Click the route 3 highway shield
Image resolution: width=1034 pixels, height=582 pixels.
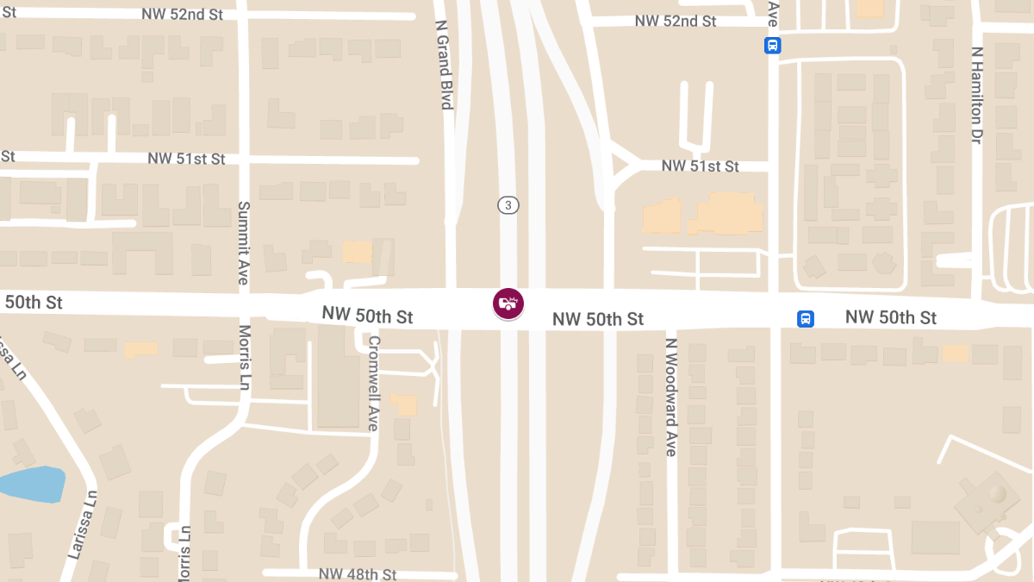pyautogui.click(x=508, y=205)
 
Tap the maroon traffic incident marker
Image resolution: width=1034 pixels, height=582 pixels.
pyautogui.click(x=508, y=304)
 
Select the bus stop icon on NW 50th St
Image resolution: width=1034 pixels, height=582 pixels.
pyautogui.click(x=805, y=319)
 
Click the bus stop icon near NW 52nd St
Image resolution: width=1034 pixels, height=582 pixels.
pyautogui.click(x=772, y=46)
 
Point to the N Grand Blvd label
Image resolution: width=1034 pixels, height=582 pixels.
pyautogui.click(x=445, y=65)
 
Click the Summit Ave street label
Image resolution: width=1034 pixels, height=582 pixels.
pyautogui.click(x=244, y=242)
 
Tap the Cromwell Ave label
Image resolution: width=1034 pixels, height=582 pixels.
pyautogui.click(x=373, y=383)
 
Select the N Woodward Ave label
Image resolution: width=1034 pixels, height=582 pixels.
pyautogui.click(x=671, y=396)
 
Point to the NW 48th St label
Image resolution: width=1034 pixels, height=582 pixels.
pyautogui.click(x=358, y=574)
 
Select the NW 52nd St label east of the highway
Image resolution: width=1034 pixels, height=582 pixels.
pyautogui.click(x=676, y=21)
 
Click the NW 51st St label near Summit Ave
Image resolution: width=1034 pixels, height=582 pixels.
pyautogui.click(x=186, y=159)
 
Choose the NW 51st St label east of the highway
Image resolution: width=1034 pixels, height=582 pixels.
pyautogui.click(x=701, y=166)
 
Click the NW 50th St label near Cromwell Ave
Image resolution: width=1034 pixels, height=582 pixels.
pyautogui.click(x=368, y=316)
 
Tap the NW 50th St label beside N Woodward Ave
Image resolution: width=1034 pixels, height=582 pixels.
pyautogui.click(x=598, y=319)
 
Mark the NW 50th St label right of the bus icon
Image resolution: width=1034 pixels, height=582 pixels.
pyautogui.click(x=891, y=317)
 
